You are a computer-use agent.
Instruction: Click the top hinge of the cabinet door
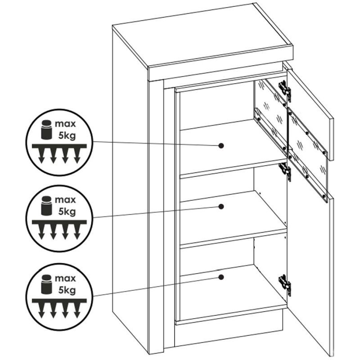[285, 90]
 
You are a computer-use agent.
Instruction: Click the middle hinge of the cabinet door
[285, 171]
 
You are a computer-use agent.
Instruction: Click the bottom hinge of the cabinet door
[285, 284]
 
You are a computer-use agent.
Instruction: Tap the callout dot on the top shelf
[221, 146]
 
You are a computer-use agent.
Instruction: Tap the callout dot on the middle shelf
[221, 207]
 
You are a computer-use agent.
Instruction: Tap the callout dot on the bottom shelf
[221, 277]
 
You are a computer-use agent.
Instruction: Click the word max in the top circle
[65, 124]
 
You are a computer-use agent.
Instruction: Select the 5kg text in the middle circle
[67, 211]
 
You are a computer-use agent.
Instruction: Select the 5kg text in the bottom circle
[67, 290]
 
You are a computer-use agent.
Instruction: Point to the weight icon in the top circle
[46, 130]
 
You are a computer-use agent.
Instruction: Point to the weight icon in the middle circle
[46, 206]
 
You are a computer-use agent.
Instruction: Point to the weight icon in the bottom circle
[46, 284]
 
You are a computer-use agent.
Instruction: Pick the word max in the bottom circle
[65, 279]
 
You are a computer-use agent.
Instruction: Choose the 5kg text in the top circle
[67, 136]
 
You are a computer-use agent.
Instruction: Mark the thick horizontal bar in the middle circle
[59, 222]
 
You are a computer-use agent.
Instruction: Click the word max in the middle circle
[65, 200]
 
